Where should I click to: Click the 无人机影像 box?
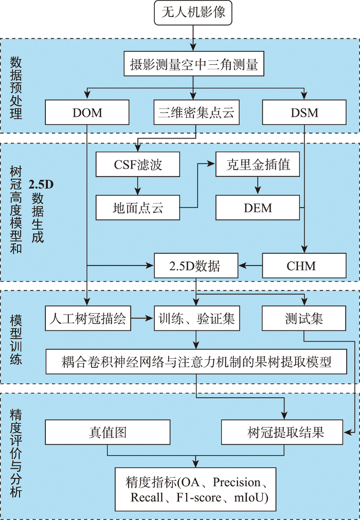point(193,13)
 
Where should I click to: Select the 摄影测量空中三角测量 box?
point(193,65)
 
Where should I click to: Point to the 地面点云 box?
point(138,209)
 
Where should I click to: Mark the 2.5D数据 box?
point(195,266)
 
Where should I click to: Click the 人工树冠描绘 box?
point(87,319)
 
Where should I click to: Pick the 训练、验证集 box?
point(195,319)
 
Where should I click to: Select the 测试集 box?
point(304,319)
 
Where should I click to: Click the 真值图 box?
point(107,432)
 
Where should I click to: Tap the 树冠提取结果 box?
point(282,432)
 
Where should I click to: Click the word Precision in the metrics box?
point(237,482)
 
